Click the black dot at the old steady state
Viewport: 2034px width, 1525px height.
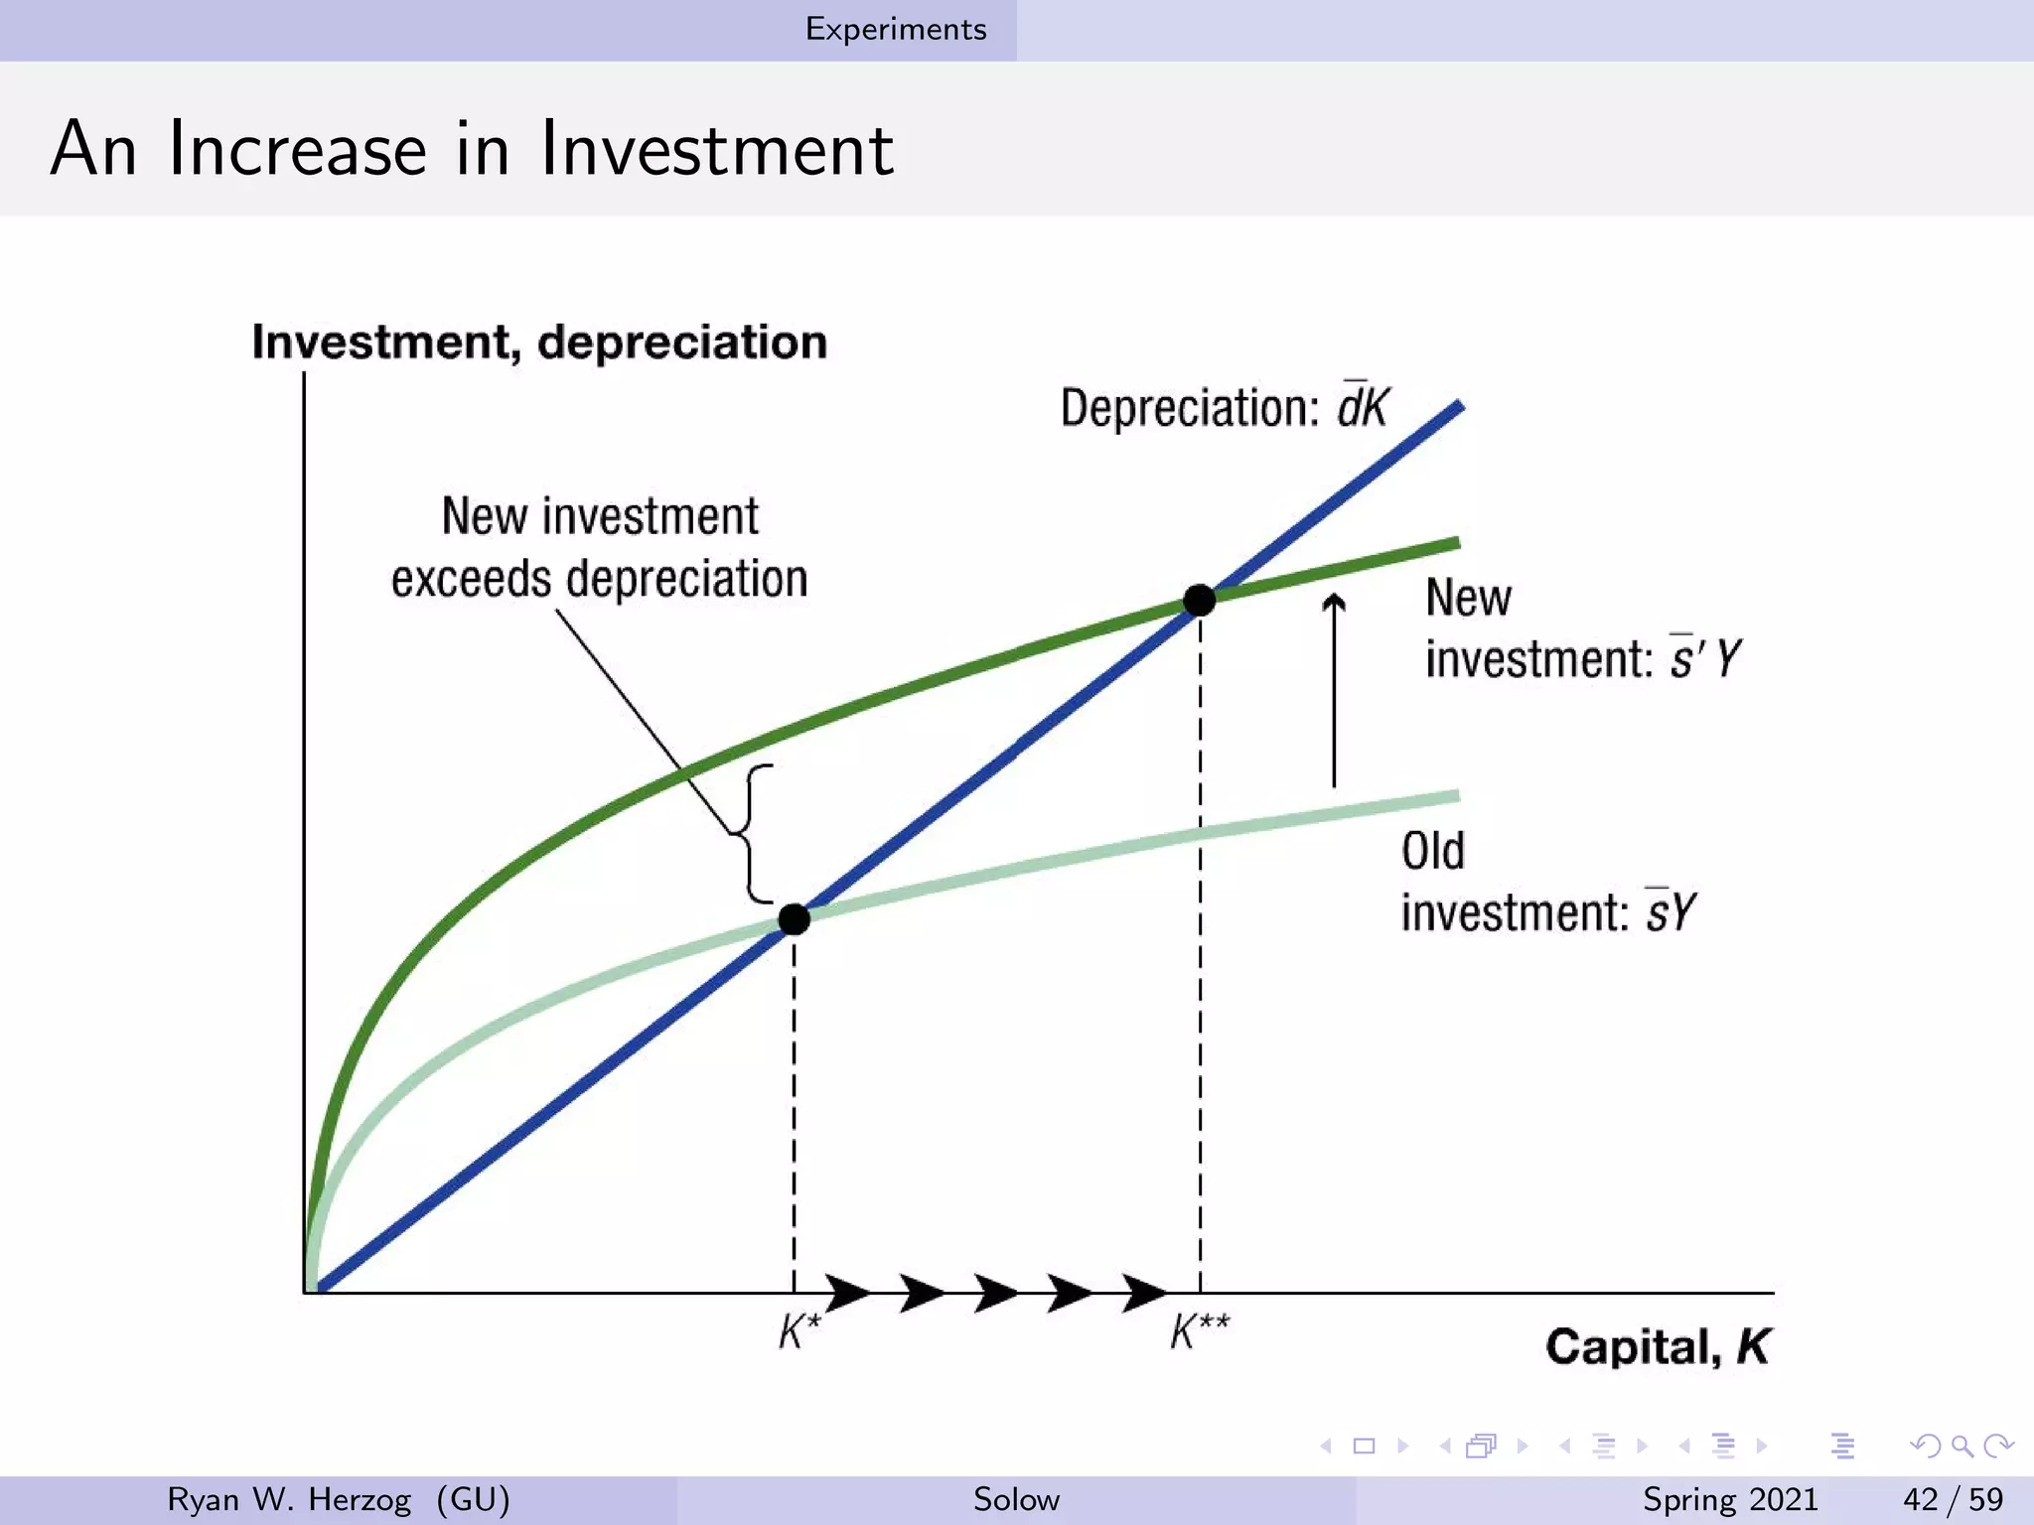(x=794, y=919)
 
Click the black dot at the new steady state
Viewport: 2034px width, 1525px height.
(x=1200, y=600)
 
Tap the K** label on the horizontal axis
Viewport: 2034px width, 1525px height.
(x=1200, y=1331)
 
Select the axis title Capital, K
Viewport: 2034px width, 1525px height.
(x=1657, y=1347)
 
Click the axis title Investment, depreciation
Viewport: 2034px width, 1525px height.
(x=539, y=343)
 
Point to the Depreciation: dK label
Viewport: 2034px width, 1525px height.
(x=1224, y=407)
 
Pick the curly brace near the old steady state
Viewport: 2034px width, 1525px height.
(x=753, y=834)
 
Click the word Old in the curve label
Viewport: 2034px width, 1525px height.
(x=1432, y=852)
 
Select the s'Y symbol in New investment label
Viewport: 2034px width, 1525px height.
(x=1704, y=658)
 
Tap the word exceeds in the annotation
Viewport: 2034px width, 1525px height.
(x=471, y=579)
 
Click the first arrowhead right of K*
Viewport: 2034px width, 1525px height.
(x=847, y=1293)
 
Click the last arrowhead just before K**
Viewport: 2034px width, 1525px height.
(x=1144, y=1293)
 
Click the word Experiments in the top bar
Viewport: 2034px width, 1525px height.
(x=896, y=29)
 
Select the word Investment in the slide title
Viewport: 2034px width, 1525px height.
(x=716, y=149)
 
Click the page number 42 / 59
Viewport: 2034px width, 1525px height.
(x=1953, y=1499)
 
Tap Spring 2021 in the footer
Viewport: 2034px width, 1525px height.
(x=1730, y=1499)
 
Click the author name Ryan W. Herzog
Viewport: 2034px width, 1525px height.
(x=289, y=1499)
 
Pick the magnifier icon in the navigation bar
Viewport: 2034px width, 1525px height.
(x=1961, y=1446)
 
